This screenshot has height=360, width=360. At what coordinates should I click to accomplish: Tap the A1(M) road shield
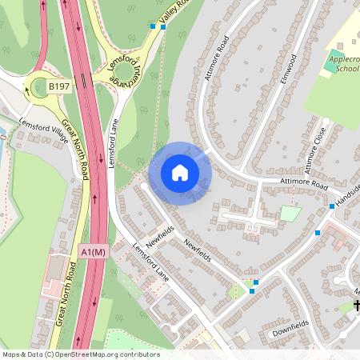click(x=93, y=253)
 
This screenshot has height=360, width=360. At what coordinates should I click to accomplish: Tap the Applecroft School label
click(x=342, y=63)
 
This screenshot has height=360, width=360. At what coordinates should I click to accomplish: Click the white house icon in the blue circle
click(x=180, y=173)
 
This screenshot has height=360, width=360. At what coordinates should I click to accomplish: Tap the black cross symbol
click(x=357, y=306)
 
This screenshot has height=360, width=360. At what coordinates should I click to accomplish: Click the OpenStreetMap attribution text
click(x=81, y=354)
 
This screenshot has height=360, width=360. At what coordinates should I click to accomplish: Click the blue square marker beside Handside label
click(x=331, y=206)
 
